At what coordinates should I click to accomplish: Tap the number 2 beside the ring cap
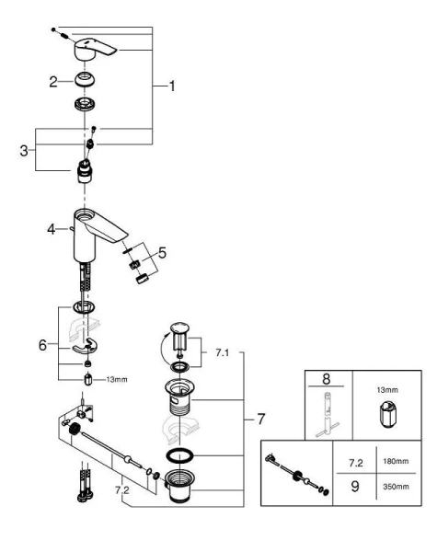click(x=54, y=82)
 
